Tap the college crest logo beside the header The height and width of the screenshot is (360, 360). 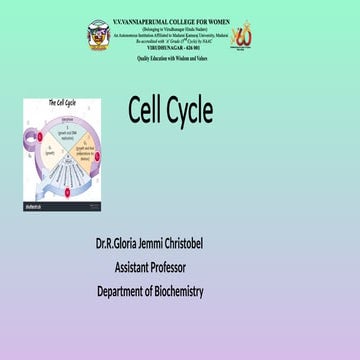pos(97,34)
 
